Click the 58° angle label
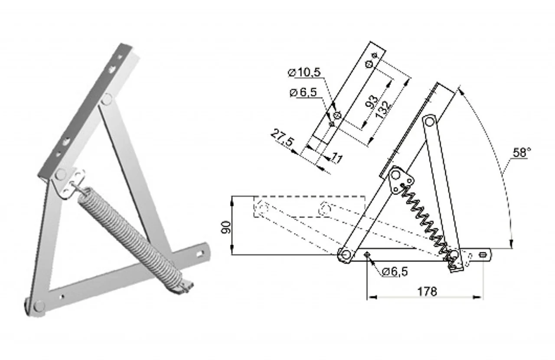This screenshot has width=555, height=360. coord(522,152)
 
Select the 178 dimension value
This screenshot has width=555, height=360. coord(427,291)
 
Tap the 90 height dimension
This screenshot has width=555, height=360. coord(225,227)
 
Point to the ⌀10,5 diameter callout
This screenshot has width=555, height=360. coord(304,72)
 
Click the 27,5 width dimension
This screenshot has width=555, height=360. coord(282,138)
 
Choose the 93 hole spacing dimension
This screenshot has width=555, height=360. coord(372,101)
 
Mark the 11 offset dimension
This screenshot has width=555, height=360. coord(337,158)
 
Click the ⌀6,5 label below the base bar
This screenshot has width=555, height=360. coord(395,272)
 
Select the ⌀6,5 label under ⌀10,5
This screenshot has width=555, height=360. coord(303,92)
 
